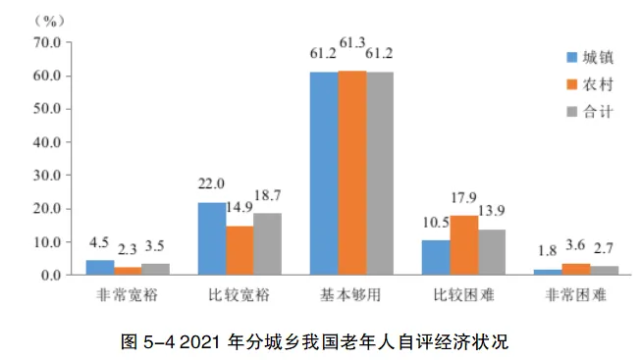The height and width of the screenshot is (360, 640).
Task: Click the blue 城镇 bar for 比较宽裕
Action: (212, 238)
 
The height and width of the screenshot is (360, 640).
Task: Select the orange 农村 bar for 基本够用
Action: (351, 173)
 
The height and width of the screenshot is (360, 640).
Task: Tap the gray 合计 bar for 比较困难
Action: (492, 252)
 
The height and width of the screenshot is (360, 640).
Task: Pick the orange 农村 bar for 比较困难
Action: (464, 245)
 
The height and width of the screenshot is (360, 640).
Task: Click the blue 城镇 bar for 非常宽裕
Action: (100, 267)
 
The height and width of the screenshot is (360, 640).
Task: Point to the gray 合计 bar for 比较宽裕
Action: (267, 244)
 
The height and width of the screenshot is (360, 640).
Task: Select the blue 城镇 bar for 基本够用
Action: (324, 173)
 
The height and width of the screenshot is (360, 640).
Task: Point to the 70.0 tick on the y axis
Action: (47, 42)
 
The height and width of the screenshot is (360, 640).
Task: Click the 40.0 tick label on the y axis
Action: (47, 142)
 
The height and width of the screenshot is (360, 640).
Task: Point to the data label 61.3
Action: (352, 42)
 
